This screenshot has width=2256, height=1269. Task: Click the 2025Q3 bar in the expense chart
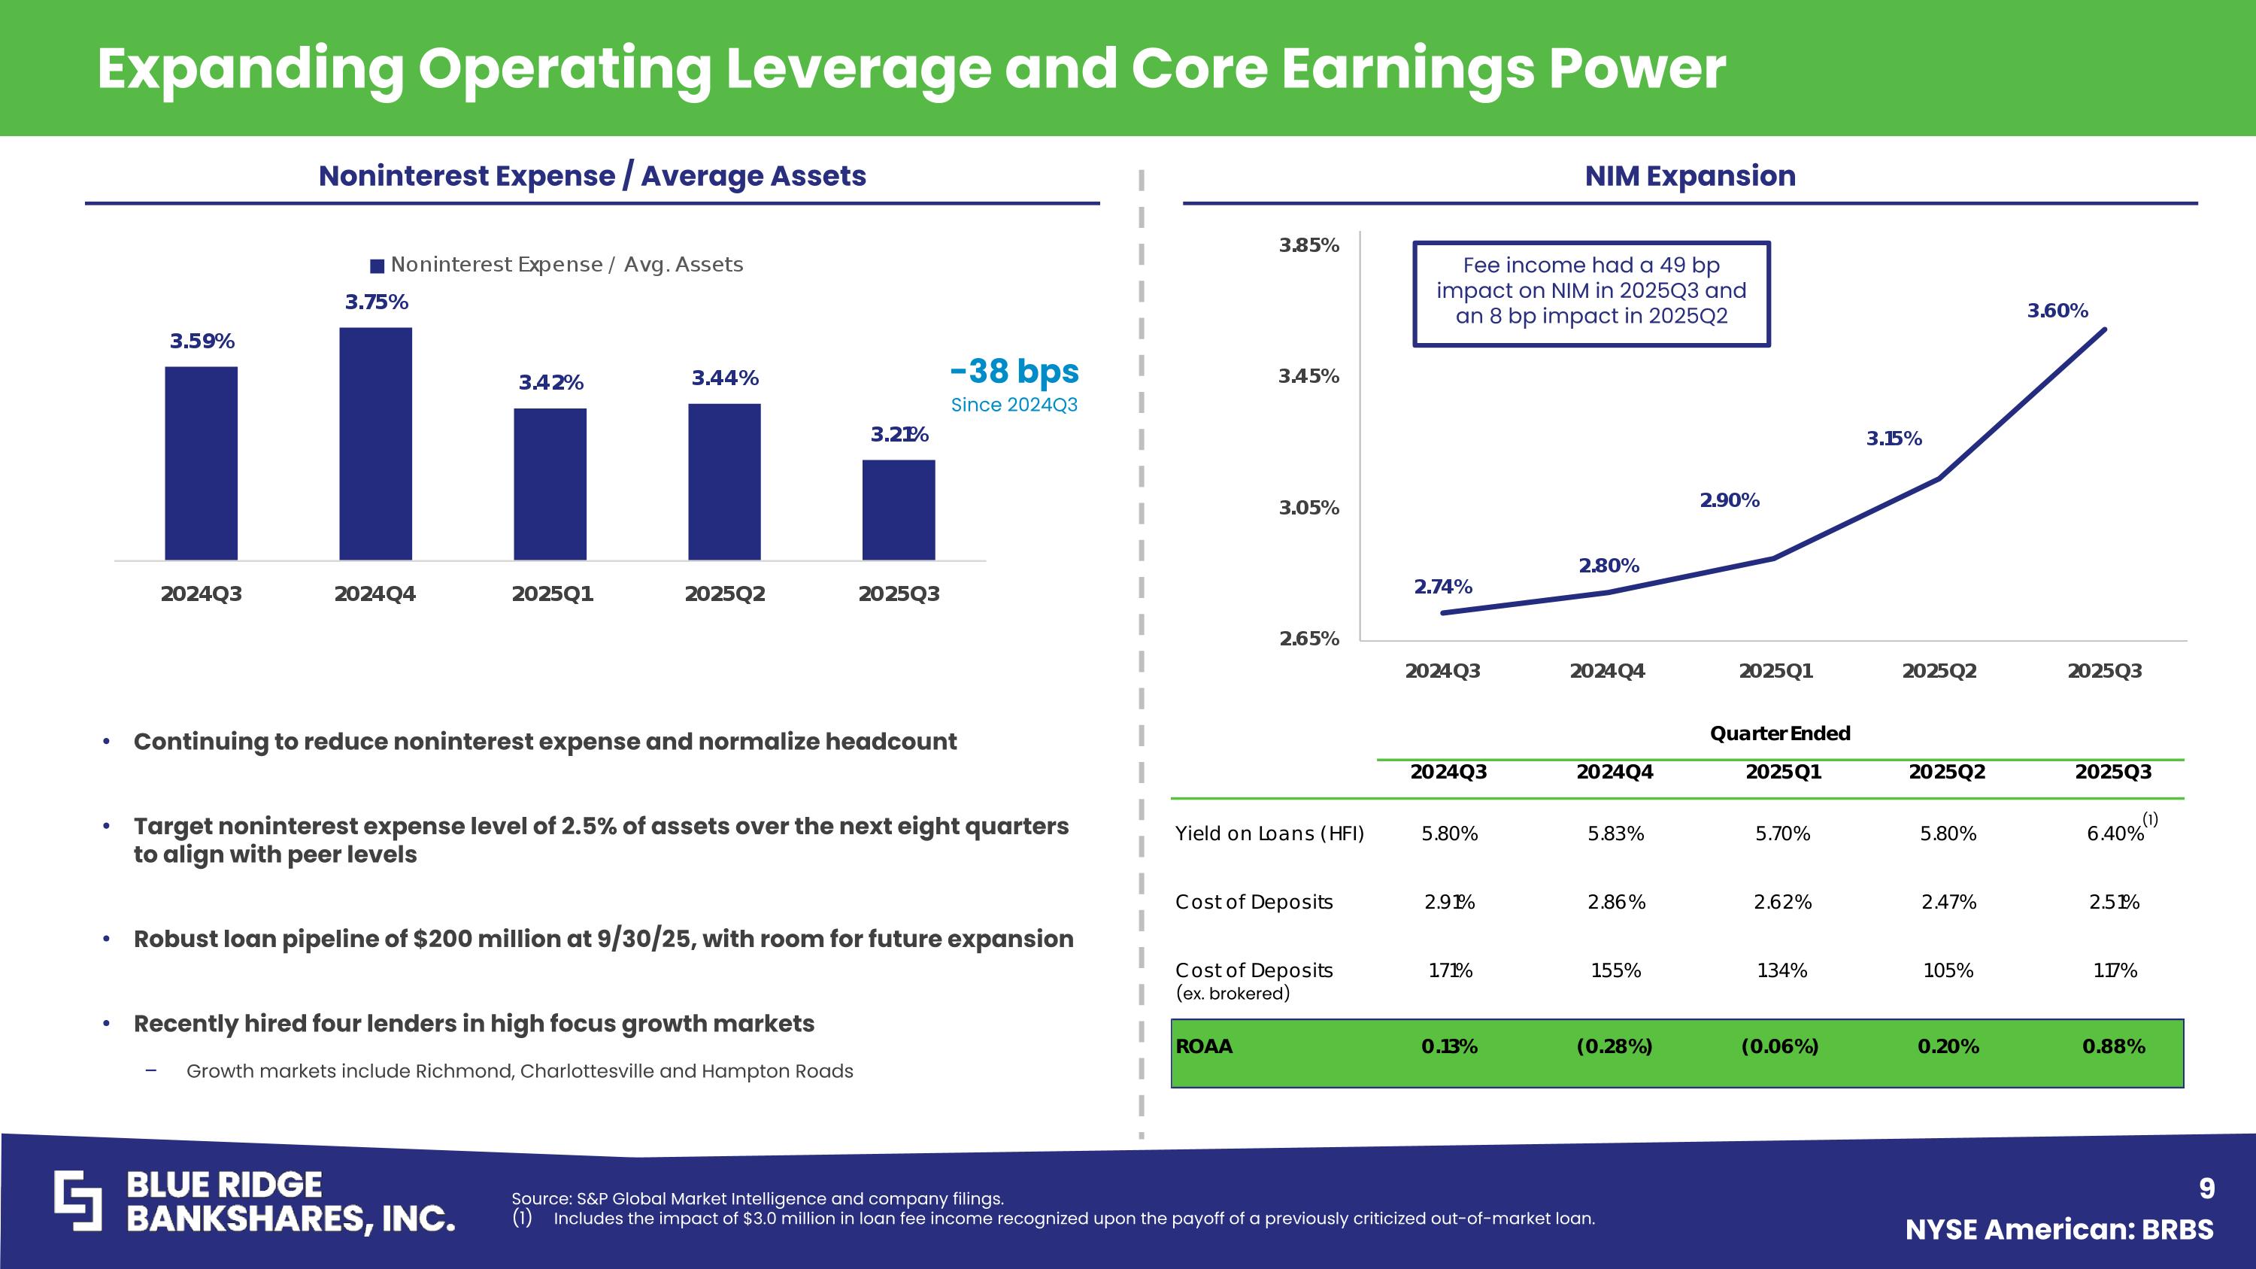[x=899, y=510]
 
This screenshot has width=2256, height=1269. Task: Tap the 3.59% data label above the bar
[x=202, y=342]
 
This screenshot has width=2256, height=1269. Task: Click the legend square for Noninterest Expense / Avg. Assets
[x=378, y=266]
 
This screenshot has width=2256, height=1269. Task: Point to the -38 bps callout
[x=1014, y=372]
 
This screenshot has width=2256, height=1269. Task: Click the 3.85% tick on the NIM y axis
[x=1308, y=245]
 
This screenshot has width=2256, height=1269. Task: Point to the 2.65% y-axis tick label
[x=1308, y=639]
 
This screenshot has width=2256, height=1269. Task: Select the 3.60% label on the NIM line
[x=2057, y=311]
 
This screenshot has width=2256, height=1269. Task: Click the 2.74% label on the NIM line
[x=1442, y=587]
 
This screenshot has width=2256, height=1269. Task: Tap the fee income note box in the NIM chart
[x=1591, y=293]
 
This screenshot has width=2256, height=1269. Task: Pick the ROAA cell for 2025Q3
[x=2113, y=1046]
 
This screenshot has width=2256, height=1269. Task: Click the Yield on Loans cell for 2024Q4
[x=1615, y=833]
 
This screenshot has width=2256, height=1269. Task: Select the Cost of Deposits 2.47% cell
[x=1948, y=902]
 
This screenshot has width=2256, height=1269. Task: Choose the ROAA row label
[x=1203, y=1046]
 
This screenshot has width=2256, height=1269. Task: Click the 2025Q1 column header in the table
[x=1783, y=772]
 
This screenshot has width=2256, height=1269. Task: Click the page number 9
[x=2206, y=1189]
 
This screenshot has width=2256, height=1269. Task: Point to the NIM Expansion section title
[x=1690, y=176]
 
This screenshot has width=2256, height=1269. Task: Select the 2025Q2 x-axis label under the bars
[x=724, y=594]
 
